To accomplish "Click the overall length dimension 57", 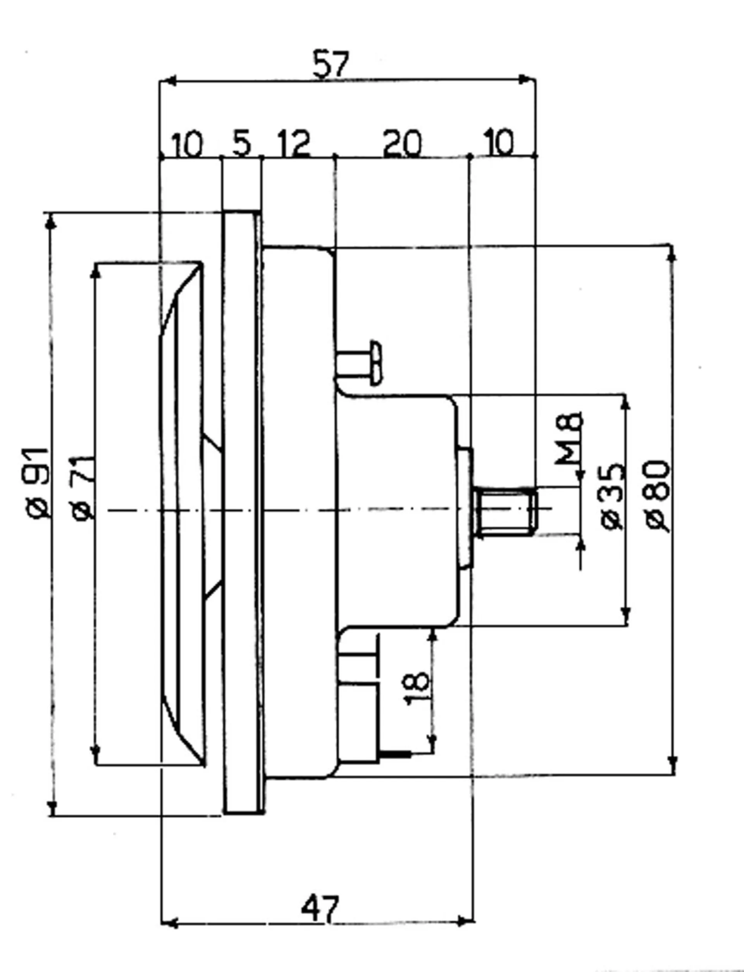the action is pos(331,65).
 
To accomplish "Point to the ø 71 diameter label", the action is pos(83,487).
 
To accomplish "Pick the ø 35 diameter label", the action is pos(613,496).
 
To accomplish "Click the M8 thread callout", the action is pos(568,438).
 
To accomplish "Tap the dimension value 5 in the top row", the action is pos(241,144).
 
